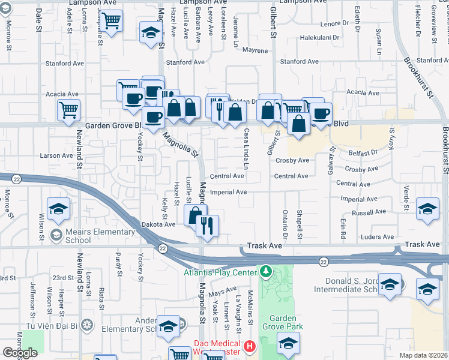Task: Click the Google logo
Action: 20,352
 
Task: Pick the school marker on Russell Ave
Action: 427,208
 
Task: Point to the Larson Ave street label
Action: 56,156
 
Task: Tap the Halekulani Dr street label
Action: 320,37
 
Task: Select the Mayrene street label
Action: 255,51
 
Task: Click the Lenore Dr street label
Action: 334,24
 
